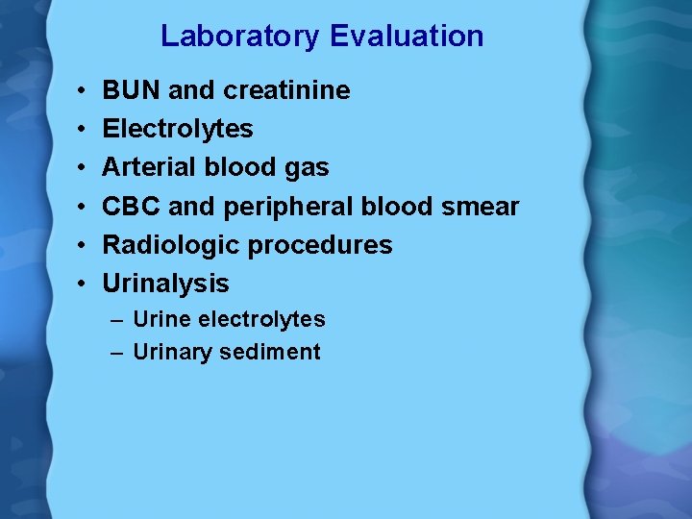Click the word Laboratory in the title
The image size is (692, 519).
pyautogui.click(x=240, y=37)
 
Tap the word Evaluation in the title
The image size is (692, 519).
pyautogui.click(x=407, y=37)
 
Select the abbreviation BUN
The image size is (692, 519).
pyautogui.click(x=132, y=91)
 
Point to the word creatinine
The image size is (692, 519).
pyautogui.click(x=286, y=91)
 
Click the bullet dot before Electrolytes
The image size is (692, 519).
pyautogui.click(x=85, y=130)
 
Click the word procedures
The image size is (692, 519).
pyautogui.click(x=320, y=246)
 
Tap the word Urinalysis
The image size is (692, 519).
pyautogui.click(x=166, y=284)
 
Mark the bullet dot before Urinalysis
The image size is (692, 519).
pyautogui.click(x=85, y=284)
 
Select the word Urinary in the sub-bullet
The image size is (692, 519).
pyautogui.click(x=173, y=353)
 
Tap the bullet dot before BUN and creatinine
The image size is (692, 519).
pyautogui.click(x=85, y=91)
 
